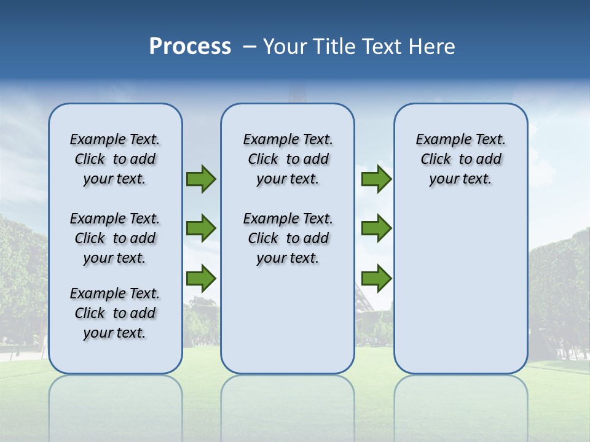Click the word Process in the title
(190, 47)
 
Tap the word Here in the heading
(432, 47)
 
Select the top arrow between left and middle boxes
(200, 179)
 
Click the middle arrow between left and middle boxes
(200, 228)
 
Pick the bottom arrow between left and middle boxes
(200, 279)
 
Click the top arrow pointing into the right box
(376, 179)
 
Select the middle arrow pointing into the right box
(376, 228)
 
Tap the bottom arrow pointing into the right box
(376, 279)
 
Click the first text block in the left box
(115, 159)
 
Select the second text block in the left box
(115, 238)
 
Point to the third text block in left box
(115, 313)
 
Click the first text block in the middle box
(288, 159)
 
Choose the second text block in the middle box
(288, 238)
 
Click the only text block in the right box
(460, 159)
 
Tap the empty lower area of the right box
(460, 289)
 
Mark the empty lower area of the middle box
(288, 319)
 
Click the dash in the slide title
(250, 47)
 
